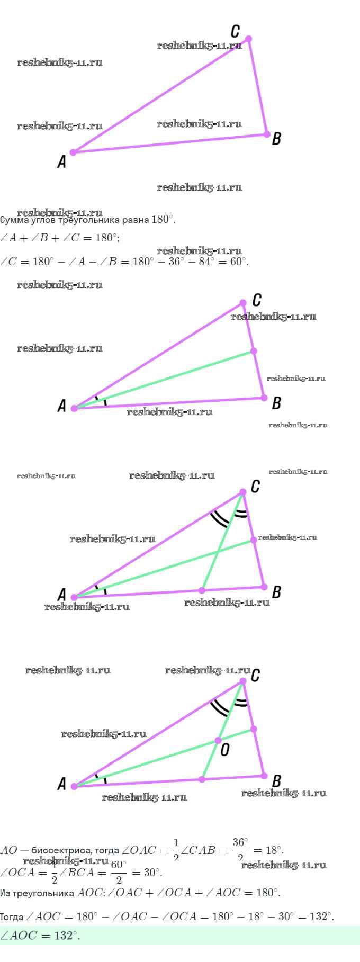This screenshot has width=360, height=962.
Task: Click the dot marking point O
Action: pos(218,740)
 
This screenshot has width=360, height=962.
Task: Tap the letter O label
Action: pos(225,750)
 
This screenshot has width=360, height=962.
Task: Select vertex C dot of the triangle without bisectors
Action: pos(248,39)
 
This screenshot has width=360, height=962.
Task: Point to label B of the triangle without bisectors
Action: pos(276,139)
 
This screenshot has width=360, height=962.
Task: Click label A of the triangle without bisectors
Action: pos(62,162)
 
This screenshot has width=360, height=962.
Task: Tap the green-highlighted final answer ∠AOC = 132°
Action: pos(40,936)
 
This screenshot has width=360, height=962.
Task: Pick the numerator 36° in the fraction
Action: pos(240,842)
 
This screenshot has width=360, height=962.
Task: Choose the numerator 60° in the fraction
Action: pos(118,865)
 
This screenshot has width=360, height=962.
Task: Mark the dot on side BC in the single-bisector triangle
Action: pos(254,351)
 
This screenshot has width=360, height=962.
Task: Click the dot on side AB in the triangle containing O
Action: pos(202,779)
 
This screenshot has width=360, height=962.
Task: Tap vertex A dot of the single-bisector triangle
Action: pos(74,408)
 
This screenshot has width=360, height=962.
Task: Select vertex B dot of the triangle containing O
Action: pos(264,776)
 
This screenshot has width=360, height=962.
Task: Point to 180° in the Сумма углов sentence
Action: pos(163,220)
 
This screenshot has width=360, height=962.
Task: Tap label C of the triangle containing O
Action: pos(255,676)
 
